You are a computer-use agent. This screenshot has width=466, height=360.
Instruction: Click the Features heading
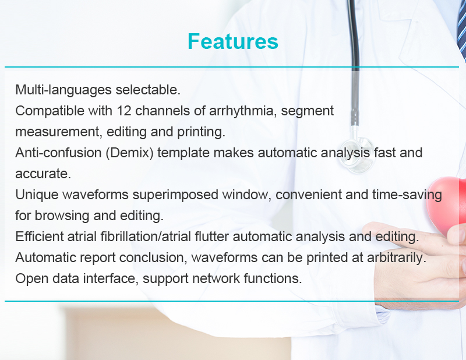[233, 41]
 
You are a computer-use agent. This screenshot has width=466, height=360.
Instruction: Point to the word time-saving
[407, 195]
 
